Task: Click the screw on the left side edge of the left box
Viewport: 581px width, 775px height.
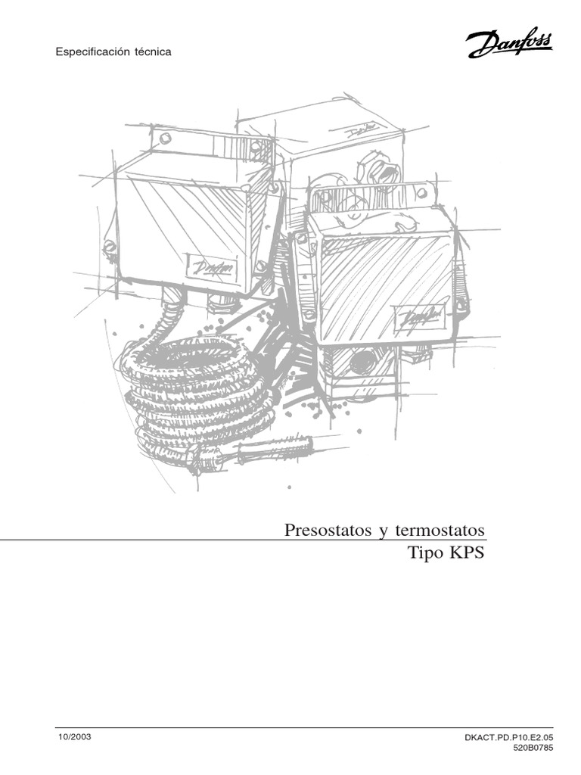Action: click(110, 245)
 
